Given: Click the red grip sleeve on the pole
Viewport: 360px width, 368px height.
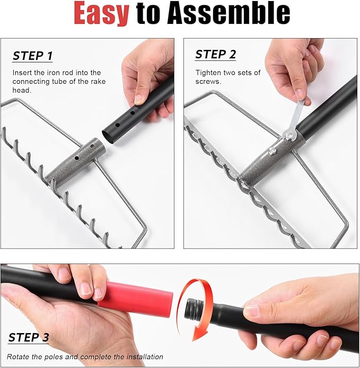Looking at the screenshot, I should (136, 299).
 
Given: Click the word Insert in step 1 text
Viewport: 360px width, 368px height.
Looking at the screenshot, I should (23, 72).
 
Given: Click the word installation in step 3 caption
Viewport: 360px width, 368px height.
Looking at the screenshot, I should (144, 357).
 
